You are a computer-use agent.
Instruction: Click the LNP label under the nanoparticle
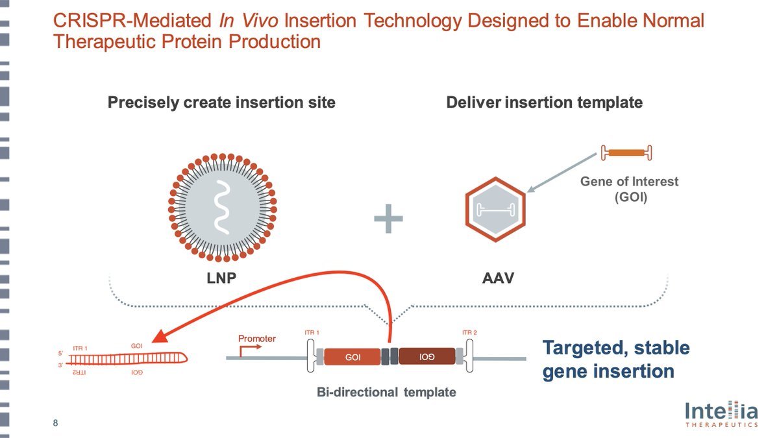pos(221,279)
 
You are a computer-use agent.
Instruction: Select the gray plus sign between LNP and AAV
pos(388,221)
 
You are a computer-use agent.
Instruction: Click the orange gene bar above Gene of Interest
pos(626,153)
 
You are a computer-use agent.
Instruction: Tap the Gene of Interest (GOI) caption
pos(628,189)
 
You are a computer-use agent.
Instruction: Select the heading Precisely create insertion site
pos(221,103)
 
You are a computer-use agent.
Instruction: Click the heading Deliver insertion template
pos(544,103)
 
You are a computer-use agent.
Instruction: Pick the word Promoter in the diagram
pos(257,338)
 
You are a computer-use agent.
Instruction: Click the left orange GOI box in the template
pos(352,357)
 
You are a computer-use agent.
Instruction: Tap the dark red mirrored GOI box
pos(427,357)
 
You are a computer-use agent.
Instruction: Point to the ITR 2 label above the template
pos(469,333)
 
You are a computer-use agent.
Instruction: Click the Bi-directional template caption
pos(386,393)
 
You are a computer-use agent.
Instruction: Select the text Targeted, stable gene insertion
pos(615,359)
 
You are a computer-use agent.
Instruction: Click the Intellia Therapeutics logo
pos(721,413)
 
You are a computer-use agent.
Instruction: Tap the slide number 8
pos(55,424)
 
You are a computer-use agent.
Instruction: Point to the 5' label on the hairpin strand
pos(60,354)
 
